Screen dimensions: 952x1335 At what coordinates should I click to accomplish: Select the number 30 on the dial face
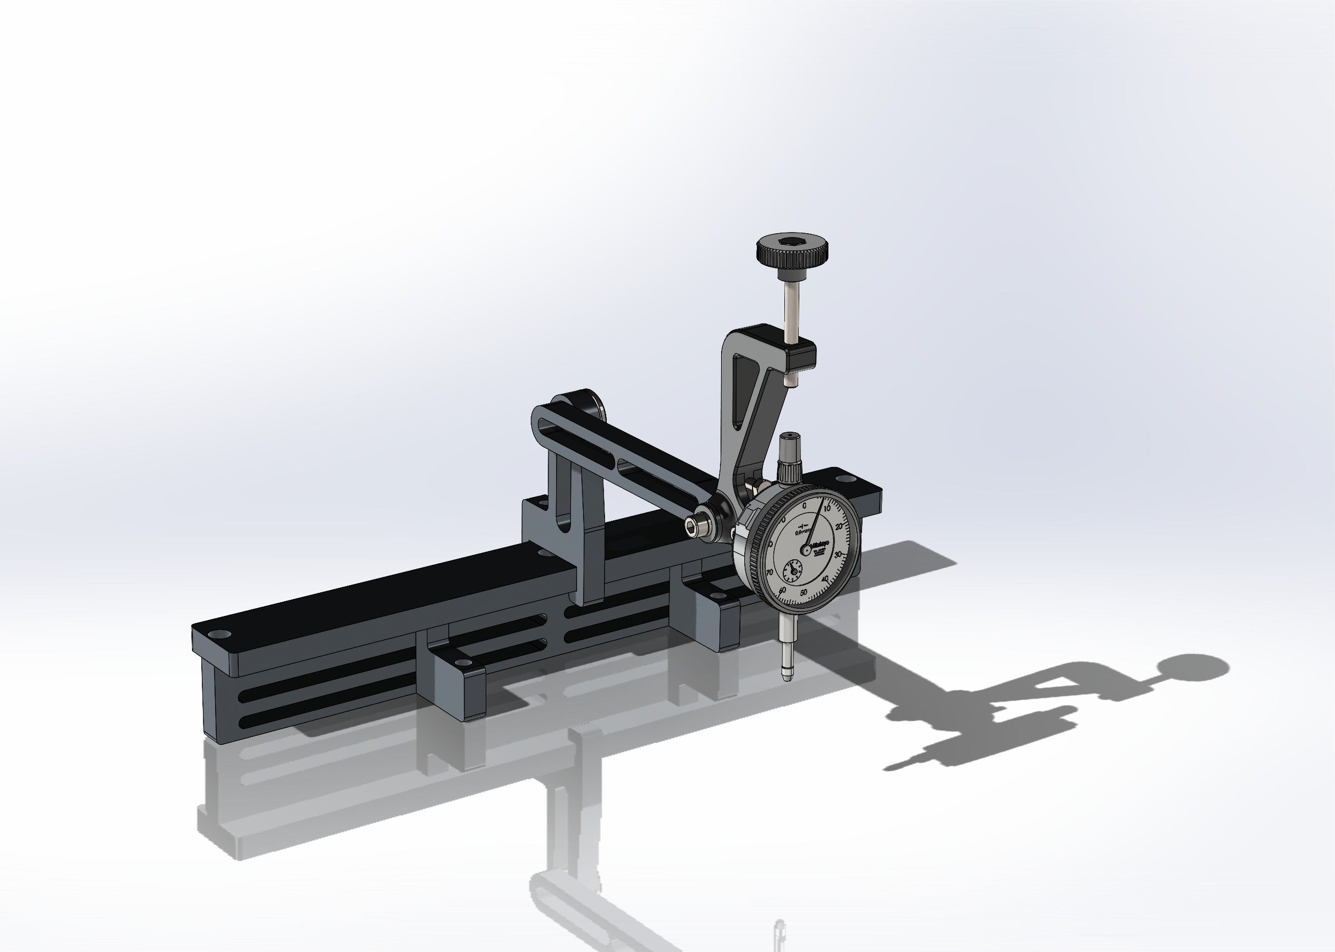coord(838,553)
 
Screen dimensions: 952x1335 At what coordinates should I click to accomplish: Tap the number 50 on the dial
coord(803,593)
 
